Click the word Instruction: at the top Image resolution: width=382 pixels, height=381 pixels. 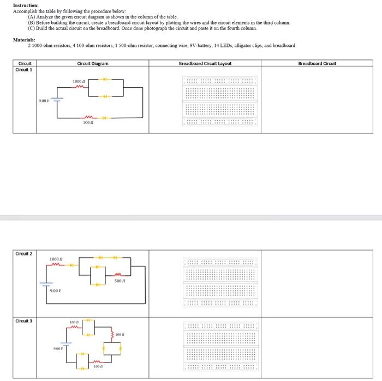click(25, 5)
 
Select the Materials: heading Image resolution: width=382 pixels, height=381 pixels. click(25, 40)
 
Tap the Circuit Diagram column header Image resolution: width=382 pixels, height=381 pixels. click(93, 64)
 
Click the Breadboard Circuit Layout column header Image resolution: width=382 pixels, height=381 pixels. click(205, 64)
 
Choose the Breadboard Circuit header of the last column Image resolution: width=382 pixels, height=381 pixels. click(317, 64)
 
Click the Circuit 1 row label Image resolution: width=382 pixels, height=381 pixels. click(24, 70)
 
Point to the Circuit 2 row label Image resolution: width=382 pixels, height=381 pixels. click(24, 254)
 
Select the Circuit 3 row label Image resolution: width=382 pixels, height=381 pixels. click(24, 321)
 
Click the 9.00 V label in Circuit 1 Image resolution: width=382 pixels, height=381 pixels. click(45, 100)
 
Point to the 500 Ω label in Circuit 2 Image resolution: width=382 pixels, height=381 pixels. click(121, 281)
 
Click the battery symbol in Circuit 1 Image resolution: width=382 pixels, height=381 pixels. click(57, 99)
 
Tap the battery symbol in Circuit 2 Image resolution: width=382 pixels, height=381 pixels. click(45, 283)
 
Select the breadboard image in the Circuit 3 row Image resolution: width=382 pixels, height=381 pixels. click(220, 346)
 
